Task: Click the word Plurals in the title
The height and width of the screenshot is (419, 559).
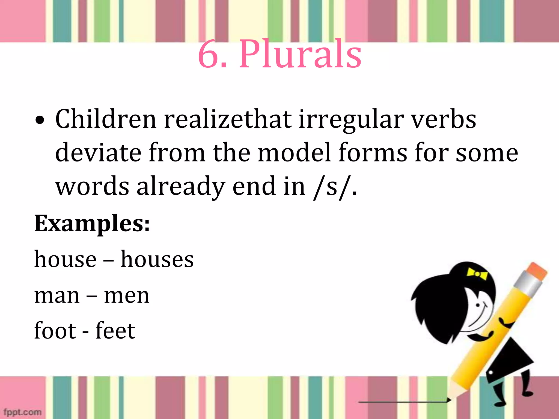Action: tap(300, 55)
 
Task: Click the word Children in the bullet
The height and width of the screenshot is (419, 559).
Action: tap(106, 119)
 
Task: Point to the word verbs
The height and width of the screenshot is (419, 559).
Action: tap(444, 119)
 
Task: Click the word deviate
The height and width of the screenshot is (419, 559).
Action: tap(98, 153)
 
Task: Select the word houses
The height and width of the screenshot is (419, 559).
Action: tap(157, 259)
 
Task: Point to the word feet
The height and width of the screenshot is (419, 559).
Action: tap(115, 331)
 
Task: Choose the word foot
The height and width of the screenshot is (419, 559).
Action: tap(55, 331)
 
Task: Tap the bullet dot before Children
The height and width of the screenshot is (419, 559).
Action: tap(40, 120)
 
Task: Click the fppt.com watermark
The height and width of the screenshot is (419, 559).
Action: tap(22, 412)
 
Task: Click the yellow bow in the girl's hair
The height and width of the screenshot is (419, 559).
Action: tap(477, 273)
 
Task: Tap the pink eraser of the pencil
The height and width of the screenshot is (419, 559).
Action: tap(536, 271)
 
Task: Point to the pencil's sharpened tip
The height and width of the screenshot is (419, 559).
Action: tap(449, 400)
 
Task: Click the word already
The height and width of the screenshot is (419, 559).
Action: tap(181, 187)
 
